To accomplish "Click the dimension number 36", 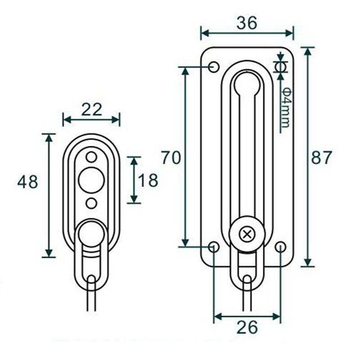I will [247, 22].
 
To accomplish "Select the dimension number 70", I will [171, 158].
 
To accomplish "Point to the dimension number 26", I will [247, 327].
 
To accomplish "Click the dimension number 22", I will [91, 109].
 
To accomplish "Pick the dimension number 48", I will [27, 182].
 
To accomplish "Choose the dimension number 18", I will [148, 180].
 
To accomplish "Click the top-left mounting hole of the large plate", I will [214, 67].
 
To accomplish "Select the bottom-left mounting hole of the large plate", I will [214, 247].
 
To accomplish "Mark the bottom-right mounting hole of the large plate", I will [280, 247].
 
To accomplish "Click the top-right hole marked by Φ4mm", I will [280, 67].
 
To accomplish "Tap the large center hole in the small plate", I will [91, 180].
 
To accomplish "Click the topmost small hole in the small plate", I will [91, 157].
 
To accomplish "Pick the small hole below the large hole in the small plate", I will [91, 203].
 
